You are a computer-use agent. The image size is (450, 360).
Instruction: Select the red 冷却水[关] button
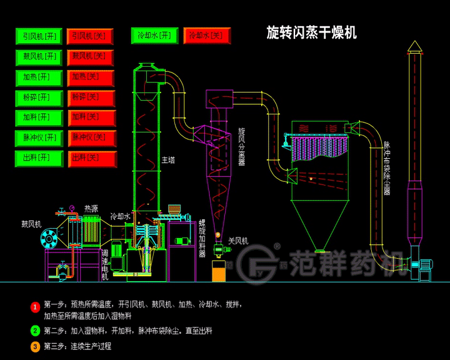[x=207, y=36]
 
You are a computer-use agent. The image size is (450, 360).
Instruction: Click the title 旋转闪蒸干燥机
[x=311, y=32]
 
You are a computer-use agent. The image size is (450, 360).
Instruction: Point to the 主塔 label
[x=168, y=160]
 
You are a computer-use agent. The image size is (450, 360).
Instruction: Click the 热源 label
[x=91, y=209]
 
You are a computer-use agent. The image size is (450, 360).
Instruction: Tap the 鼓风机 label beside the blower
[x=31, y=223]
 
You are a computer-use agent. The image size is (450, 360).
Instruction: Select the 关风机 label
[x=238, y=240]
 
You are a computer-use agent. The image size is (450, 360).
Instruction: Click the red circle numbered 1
[x=36, y=307]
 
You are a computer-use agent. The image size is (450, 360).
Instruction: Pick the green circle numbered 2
[x=36, y=330]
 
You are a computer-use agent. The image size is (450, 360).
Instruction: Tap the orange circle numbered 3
[x=36, y=346]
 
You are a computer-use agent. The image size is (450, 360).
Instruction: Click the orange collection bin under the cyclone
[x=218, y=272]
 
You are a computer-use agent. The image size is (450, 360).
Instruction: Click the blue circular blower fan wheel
[x=49, y=238]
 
